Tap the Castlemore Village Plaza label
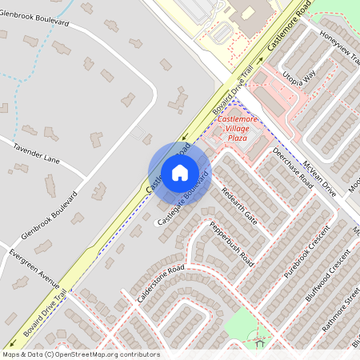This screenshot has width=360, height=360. (242, 129)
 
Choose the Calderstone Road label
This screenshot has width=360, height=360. (161, 282)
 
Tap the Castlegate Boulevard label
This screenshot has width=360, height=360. (182, 197)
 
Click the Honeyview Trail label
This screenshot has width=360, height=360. (339, 53)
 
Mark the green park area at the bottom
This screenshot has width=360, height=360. (248, 324)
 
